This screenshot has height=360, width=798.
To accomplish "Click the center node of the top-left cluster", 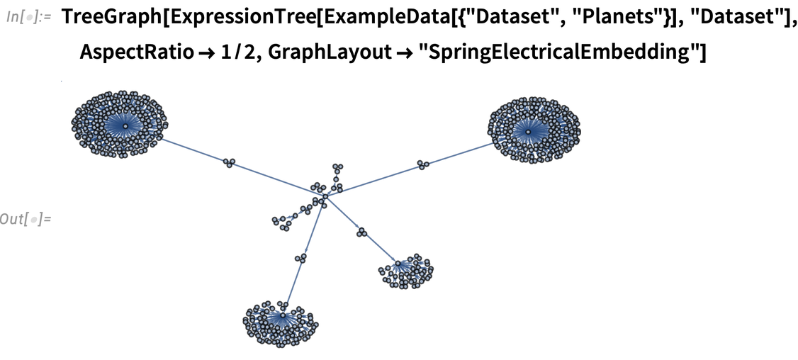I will tap(125, 126).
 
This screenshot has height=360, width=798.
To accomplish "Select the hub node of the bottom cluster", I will tap(282, 315).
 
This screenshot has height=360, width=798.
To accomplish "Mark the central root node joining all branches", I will tap(325, 196).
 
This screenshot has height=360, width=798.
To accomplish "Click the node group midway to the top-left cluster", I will tap(228, 162).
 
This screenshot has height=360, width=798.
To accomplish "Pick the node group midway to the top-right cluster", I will tap(423, 164).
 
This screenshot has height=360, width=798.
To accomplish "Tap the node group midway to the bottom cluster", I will tap(301, 257).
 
